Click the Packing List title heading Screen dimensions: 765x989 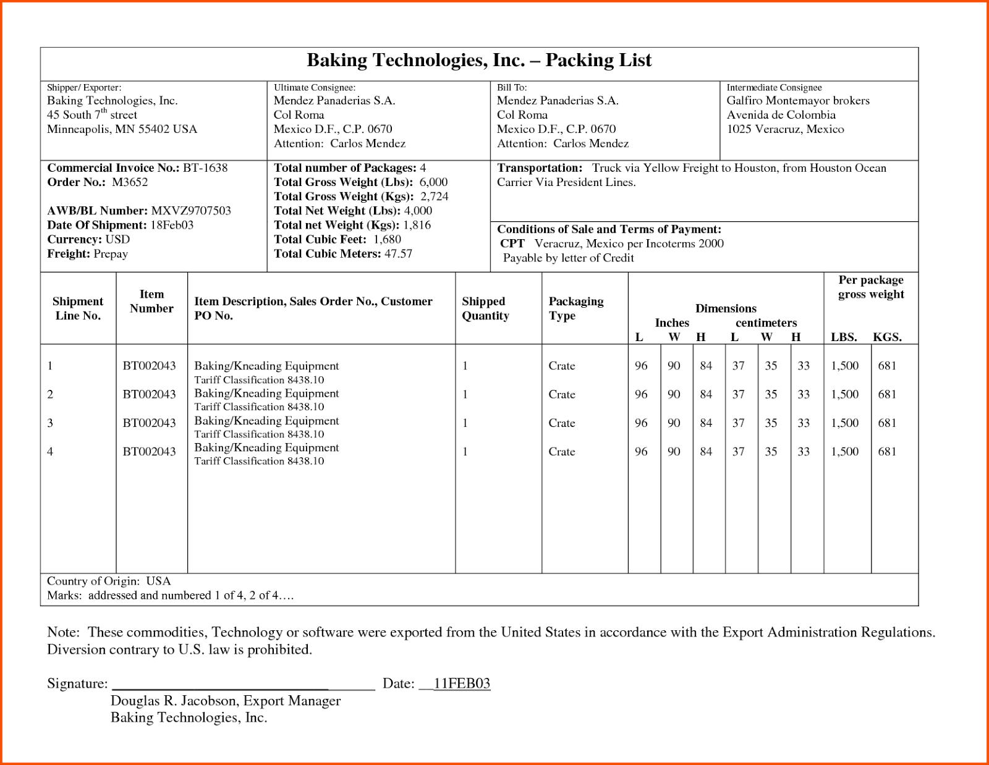pyautogui.click(x=479, y=60)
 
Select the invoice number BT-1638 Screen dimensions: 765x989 pyautogui.click(x=205, y=168)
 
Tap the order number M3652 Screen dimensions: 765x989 pyautogui.click(x=130, y=182)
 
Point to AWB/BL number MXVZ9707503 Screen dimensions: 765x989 pyautogui.click(x=191, y=211)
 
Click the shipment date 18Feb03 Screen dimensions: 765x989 pyautogui.click(x=172, y=225)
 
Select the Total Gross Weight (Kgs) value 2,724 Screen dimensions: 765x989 pyautogui.click(x=434, y=197)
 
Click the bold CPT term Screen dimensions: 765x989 pyautogui.click(x=512, y=243)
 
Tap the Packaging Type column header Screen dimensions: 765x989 pyautogui.click(x=575, y=308)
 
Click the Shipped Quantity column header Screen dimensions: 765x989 pyautogui.click(x=485, y=308)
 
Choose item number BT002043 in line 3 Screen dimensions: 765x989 pyautogui.click(x=149, y=423)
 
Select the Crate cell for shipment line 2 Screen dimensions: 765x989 pyautogui.click(x=561, y=394)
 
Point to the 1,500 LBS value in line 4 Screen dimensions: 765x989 pyautogui.click(x=844, y=452)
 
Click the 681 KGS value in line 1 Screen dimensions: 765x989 pyautogui.click(x=887, y=366)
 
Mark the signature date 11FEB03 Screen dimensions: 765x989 pyautogui.click(x=462, y=683)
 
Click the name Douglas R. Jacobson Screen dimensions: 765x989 pyautogui.click(x=174, y=701)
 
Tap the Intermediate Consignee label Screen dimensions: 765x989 pyautogui.click(x=774, y=88)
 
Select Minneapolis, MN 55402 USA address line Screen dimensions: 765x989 pyautogui.click(x=122, y=129)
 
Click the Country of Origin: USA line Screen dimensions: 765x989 pyautogui.click(x=109, y=581)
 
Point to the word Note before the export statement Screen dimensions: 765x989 pyautogui.click(x=62, y=632)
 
